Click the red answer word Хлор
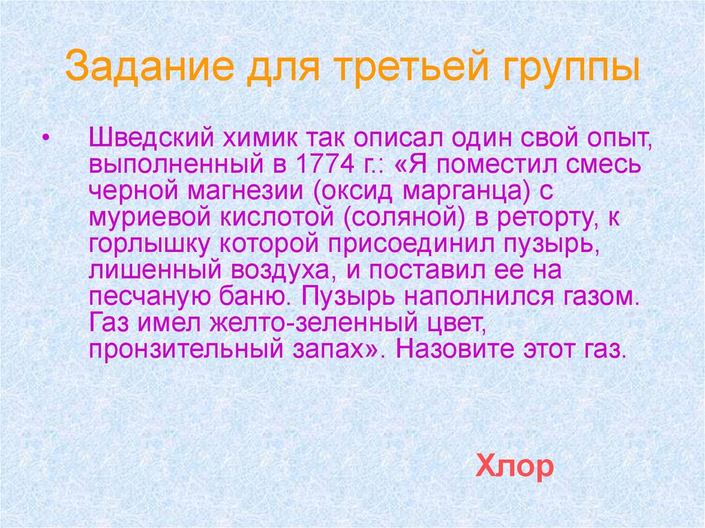[x=514, y=467]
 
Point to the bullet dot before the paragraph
[x=45, y=138]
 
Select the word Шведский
[x=149, y=139]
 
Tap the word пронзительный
[x=182, y=350]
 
